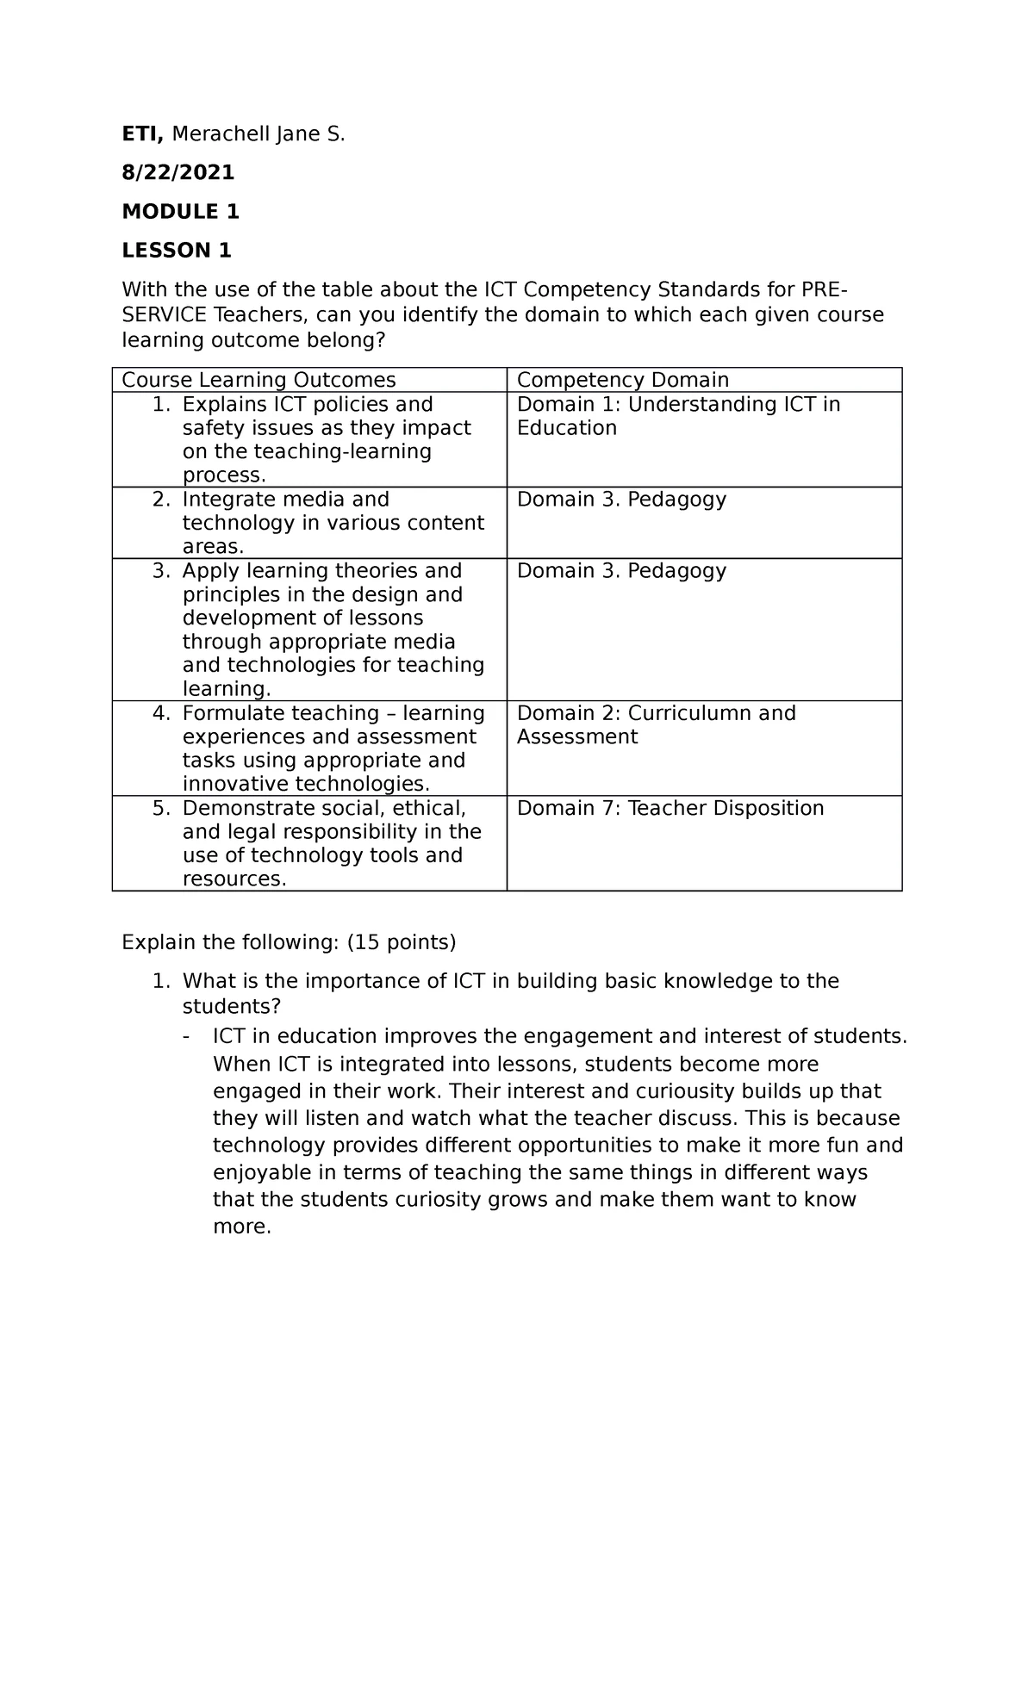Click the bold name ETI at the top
click(143, 134)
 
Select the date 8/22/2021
click(178, 173)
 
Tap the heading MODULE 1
click(180, 212)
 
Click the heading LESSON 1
click(177, 251)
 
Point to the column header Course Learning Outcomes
click(258, 380)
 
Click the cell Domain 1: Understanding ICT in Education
click(677, 416)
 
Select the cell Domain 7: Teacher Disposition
click(670, 808)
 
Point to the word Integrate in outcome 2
click(223, 500)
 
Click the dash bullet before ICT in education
click(187, 1036)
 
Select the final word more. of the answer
click(242, 1227)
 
